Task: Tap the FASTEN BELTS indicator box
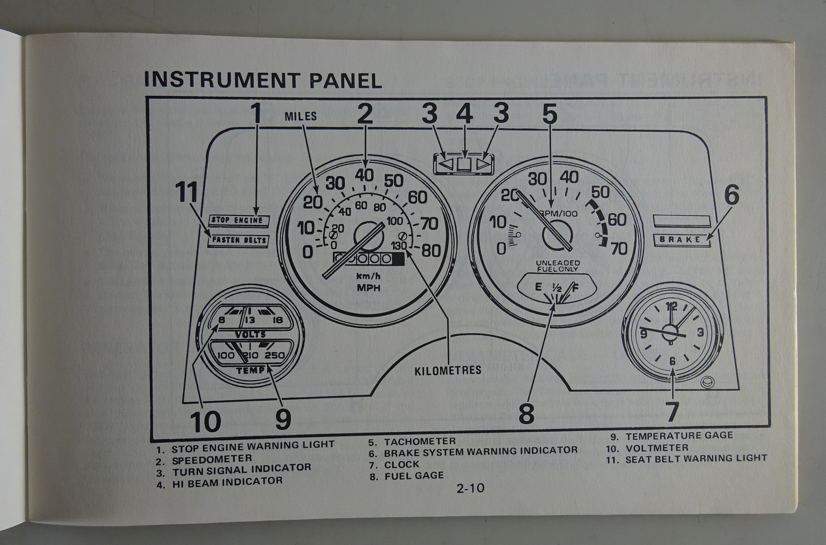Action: (x=239, y=240)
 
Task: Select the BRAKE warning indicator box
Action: (x=681, y=239)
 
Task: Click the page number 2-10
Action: (x=470, y=487)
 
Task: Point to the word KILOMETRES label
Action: (x=448, y=370)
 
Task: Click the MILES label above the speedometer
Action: (x=300, y=116)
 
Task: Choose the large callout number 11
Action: (x=186, y=193)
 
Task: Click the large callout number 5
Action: (x=549, y=115)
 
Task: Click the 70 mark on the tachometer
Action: (x=618, y=249)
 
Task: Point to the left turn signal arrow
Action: (x=446, y=165)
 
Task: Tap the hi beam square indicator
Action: (x=465, y=165)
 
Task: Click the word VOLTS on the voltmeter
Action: (x=250, y=334)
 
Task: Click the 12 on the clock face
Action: (x=672, y=305)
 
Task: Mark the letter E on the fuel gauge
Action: (x=538, y=287)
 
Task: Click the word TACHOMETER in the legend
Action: (x=419, y=441)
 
